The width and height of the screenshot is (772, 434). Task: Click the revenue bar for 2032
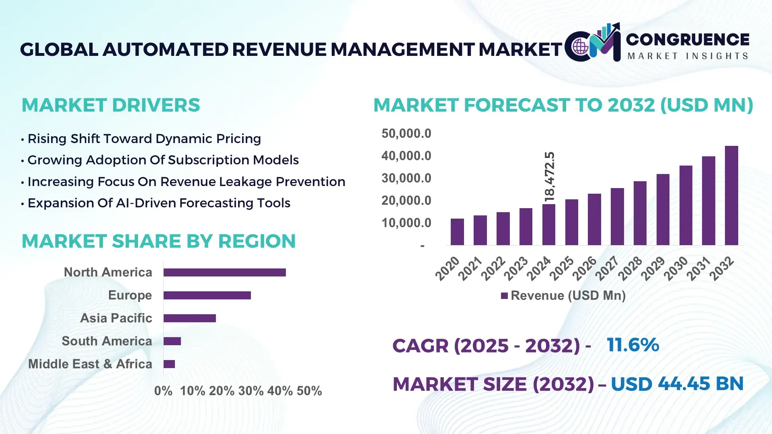click(x=731, y=196)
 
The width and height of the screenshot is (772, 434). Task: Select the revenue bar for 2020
click(x=457, y=232)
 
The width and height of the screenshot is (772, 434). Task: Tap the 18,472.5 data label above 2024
click(x=549, y=177)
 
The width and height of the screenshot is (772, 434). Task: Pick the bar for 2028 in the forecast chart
click(x=640, y=213)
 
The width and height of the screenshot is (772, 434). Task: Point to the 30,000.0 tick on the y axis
click(x=406, y=178)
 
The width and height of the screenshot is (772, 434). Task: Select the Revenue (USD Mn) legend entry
click(x=563, y=296)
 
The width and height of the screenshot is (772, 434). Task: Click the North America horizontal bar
click(x=224, y=272)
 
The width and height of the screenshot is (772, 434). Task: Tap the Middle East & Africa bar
click(x=169, y=364)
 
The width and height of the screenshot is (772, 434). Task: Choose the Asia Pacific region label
click(x=116, y=318)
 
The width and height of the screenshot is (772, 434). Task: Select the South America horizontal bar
click(x=172, y=341)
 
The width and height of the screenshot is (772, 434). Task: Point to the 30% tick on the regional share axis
click(x=250, y=391)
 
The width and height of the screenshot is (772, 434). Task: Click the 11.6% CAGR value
click(x=632, y=345)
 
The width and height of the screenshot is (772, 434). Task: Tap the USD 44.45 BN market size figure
click(x=677, y=384)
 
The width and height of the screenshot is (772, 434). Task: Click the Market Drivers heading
click(x=111, y=105)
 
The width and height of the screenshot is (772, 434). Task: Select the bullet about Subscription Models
click(x=163, y=160)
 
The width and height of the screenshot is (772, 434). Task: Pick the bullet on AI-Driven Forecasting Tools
click(x=159, y=203)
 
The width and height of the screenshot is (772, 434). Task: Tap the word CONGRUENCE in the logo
click(x=687, y=39)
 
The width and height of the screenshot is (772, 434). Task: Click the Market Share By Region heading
click(x=158, y=241)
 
